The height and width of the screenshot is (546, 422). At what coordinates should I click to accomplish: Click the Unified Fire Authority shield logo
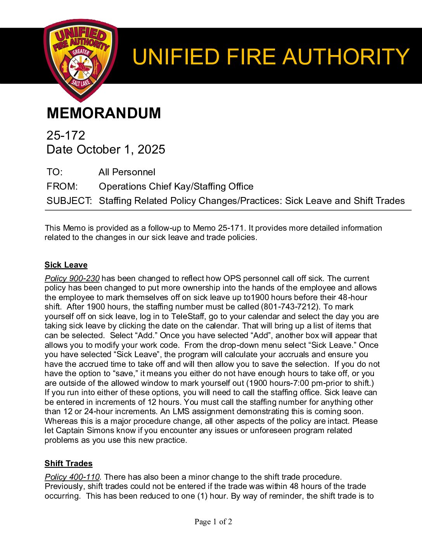click(x=81, y=60)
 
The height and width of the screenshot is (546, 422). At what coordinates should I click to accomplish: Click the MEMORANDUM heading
click(x=104, y=113)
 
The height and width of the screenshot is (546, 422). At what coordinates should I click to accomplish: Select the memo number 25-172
click(x=66, y=135)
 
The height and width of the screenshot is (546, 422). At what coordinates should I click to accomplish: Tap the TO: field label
click(x=54, y=172)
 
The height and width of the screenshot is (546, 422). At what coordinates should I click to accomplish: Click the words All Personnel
click(x=127, y=172)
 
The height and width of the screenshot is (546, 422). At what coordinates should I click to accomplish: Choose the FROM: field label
click(x=62, y=187)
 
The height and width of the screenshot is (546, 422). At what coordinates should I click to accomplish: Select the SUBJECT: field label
click(x=69, y=201)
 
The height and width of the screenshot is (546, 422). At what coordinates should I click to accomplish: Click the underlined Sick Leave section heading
click(x=66, y=265)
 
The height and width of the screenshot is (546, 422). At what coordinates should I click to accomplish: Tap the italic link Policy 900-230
click(x=72, y=278)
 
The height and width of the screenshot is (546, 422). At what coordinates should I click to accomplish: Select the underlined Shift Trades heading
click(x=68, y=463)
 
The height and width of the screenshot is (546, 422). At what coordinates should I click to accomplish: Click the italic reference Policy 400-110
click(x=72, y=477)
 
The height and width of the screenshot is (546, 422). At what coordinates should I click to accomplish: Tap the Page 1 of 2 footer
click(x=213, y=522)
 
